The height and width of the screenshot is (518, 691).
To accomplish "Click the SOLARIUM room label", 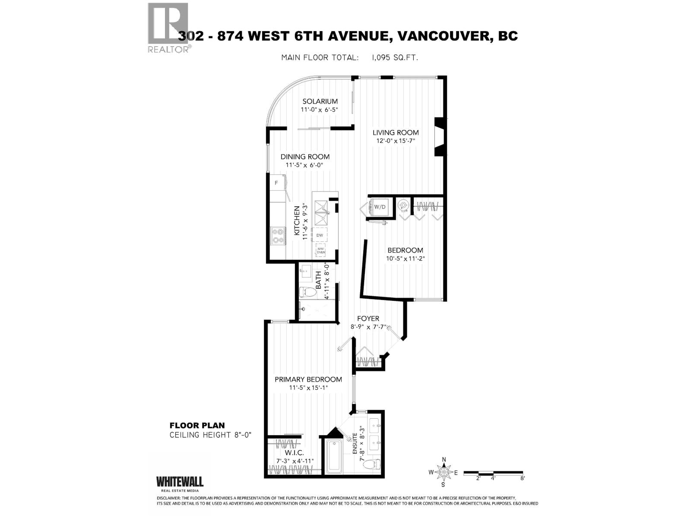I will pyautogui.click(x=320, y=101).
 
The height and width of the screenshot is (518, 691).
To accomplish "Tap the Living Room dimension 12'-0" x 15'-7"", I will pyautogui.click(x=396, y=141).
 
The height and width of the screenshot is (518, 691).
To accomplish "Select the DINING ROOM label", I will pyautogui.click(x=305, y=157).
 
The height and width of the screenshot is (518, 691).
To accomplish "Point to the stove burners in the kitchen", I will pyautogui.click(x=278, y=236).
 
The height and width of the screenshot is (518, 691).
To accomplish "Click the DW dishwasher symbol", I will pyautogui.click(x=320, y=235).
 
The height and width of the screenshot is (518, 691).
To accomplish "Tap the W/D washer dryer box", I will pyautogui.click(x=380, y=207).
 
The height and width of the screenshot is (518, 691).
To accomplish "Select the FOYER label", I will pyautogui.click(x=368, y=319).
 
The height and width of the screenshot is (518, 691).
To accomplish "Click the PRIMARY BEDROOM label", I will pyautogui.click(x=308, y=379).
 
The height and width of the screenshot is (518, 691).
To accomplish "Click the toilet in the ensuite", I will pyautogui.click(x=371, y=464).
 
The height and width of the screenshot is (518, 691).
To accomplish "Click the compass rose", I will pyautogui.click(x=443, y=472).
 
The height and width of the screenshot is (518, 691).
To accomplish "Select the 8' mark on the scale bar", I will pyautogui.click(x=523, y=478).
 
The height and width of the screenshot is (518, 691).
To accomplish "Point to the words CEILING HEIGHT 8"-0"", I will pyautogui.click(x=210, y=435).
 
